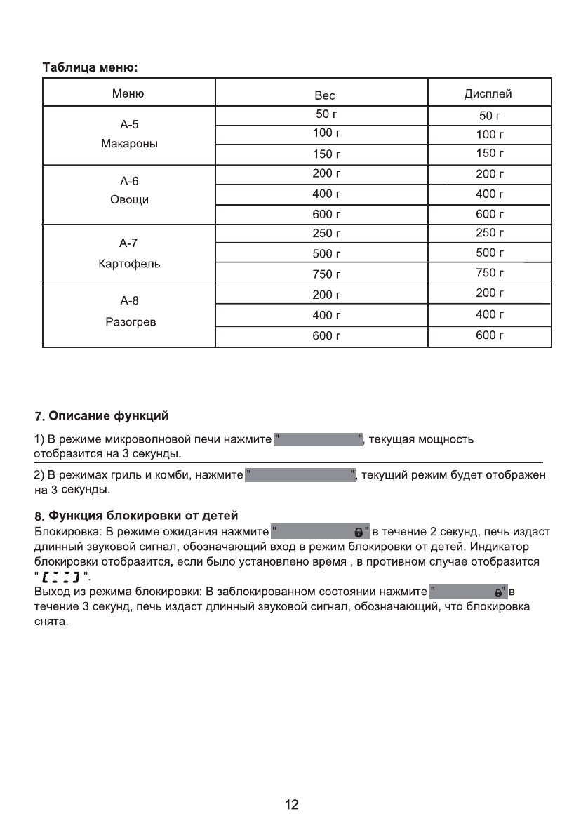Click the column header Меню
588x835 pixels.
click(x=128, y=93)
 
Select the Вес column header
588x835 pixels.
click(x=325, y=95)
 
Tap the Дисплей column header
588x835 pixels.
click(x=488, y=93)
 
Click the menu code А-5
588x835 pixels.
click(x=129, y=125)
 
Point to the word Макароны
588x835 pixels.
click(x=129, y=143)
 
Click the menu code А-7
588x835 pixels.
click(x=129, y=243)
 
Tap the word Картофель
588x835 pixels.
click(x=129, y=264)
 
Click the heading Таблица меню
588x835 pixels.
click(x=91, y=68)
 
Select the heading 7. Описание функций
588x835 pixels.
click(x=102, y=416)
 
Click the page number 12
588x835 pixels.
click(x=292, y=805)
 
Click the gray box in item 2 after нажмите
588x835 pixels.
click(x=300, y=476)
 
